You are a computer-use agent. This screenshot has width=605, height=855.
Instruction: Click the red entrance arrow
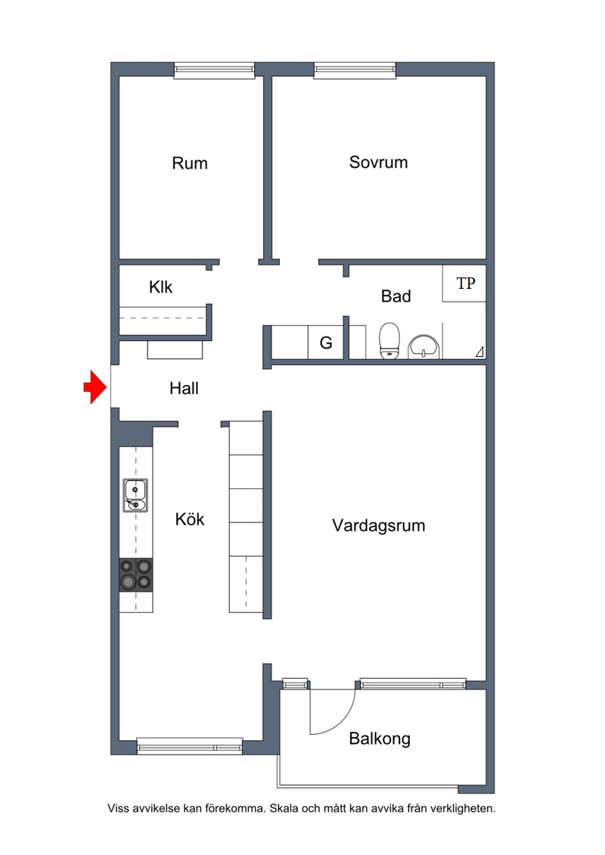95,387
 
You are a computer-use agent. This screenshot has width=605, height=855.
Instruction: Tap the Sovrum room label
378,162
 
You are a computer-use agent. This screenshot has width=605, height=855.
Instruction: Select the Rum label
189,163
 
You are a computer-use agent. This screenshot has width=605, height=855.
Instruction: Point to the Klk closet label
160,287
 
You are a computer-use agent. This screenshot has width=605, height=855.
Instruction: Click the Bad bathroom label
396,296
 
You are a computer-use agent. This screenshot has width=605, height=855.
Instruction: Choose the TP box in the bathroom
464,283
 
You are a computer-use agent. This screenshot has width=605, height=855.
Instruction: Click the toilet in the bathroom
389,341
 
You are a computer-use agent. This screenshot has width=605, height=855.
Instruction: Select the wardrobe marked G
326,342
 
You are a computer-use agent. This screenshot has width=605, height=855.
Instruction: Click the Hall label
184,389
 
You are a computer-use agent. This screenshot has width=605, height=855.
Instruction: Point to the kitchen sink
135,495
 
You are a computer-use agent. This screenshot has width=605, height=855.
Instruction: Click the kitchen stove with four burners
136,575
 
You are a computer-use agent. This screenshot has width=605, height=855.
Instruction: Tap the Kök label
189,519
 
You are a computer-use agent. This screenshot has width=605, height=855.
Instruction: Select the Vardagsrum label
379,525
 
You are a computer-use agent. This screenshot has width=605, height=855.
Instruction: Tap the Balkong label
380,739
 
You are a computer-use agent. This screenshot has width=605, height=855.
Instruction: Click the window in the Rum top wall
214,70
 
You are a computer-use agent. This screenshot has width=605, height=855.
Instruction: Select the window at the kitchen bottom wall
189,746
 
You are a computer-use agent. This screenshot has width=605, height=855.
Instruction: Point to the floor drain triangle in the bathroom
479,352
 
